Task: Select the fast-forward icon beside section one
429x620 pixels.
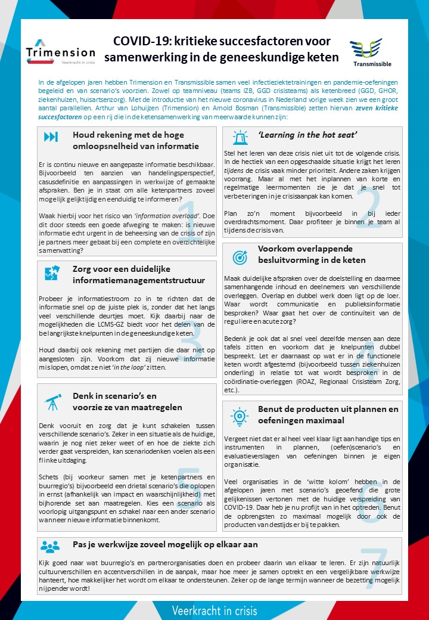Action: [x=51, y=137]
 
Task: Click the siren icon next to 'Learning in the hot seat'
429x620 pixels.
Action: [x=240, y=138]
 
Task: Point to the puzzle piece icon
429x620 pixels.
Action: [x=50, y=272]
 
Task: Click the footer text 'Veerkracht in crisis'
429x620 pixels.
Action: [x=214, y=610]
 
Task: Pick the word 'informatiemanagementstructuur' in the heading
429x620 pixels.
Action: [x=139, y=280]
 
